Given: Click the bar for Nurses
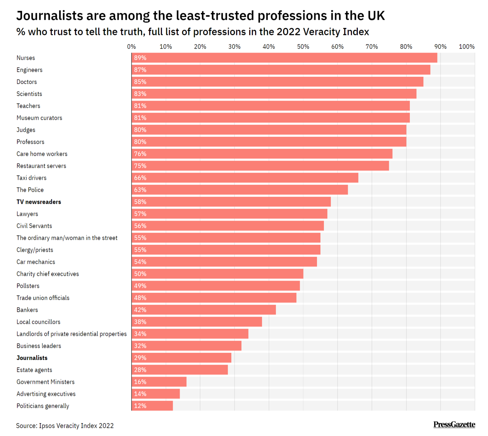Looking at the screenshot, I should coord(284,58).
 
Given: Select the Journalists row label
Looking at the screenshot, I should coord(32,358).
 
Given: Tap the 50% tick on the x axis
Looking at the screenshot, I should coord(303,47).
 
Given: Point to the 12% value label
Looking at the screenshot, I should coord(140,406).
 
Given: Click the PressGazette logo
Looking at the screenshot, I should coord(454,425).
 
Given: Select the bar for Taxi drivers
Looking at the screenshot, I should coord(245,178).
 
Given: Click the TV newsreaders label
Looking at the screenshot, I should coord(39,202).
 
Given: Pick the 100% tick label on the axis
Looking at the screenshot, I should coord(466,47).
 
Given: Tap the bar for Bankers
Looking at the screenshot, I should coord(203,310).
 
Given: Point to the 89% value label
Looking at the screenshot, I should coord(140,58).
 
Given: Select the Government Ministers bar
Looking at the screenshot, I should coord(159,382).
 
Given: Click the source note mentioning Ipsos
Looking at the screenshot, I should coord(65,426).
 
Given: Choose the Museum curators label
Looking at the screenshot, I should coord(39,118).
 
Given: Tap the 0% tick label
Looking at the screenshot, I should coord(132,47).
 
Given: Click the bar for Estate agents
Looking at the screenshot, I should coord(180,370).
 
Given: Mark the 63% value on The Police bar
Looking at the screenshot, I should coord(140,190).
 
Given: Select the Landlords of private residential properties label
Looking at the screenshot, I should coord(72,334).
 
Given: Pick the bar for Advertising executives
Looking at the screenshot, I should coord(155,394).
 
